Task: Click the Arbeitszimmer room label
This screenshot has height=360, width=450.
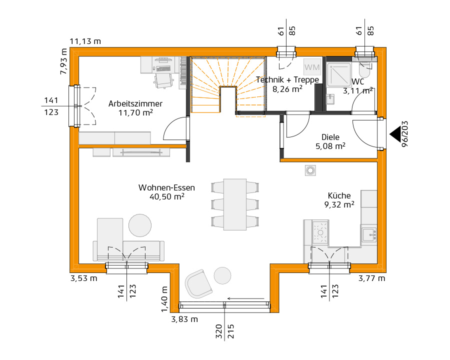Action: (x=135, y=103)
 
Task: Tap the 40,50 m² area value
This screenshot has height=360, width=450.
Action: (x=166, y=196)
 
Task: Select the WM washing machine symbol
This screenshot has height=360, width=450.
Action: (x=312, y=67)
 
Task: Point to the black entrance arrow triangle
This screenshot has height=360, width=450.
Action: (x=395, y=134)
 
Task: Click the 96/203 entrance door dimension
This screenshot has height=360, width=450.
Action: (x=404, y=134)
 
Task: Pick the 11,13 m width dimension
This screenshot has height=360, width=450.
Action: (x=85, y=41)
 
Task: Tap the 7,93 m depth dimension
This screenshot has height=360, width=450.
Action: (x=63, y=61)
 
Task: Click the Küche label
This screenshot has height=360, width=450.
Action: (x=339, y=196)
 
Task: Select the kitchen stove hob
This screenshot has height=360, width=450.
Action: (x=320, y=232)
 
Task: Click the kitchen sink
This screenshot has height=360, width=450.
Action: (x=369, y=234)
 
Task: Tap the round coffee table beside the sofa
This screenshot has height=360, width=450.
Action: (x=140, y=225)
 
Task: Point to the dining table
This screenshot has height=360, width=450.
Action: (x=235, y=204)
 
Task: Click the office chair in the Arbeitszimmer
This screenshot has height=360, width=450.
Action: (x=164, y=80)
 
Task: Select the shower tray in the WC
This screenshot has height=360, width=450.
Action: (x=339, y=74)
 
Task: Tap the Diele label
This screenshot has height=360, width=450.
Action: (x=330, y=137)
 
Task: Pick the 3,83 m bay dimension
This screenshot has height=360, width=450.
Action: (x=184, y=319)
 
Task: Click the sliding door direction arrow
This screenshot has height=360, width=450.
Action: (x=245, y=298)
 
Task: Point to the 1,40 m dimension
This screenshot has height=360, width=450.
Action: (x=164, y=299)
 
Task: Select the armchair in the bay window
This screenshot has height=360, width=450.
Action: (x=198, y=284)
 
